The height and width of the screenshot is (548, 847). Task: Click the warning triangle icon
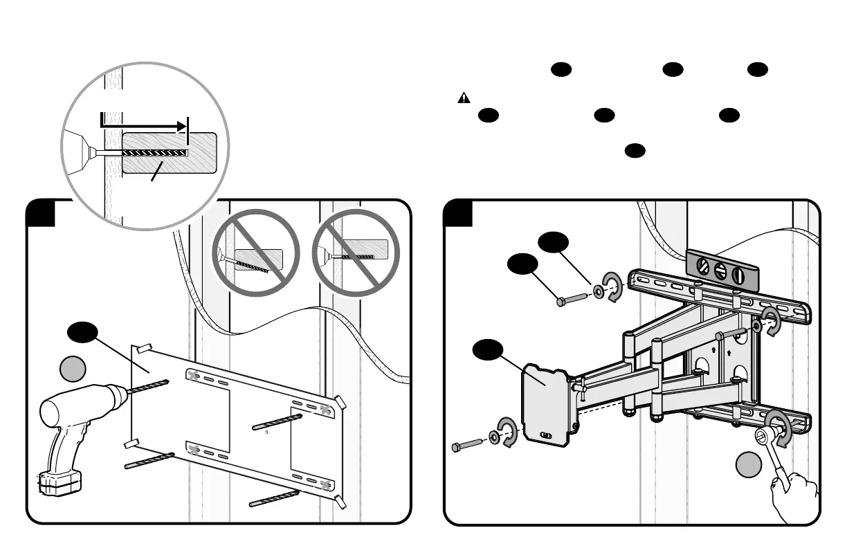[464, 98]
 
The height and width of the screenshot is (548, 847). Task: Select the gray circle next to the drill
[72, 367]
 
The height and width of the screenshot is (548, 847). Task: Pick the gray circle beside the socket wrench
[749, 464]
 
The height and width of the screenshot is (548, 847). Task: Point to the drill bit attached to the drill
[148, 386]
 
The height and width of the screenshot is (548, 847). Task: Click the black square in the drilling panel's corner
[41, 213]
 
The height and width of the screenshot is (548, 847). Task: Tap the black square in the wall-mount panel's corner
[458, 213]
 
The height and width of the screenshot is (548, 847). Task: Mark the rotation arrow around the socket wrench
[778, 424]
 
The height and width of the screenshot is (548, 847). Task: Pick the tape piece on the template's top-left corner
[145, 345]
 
